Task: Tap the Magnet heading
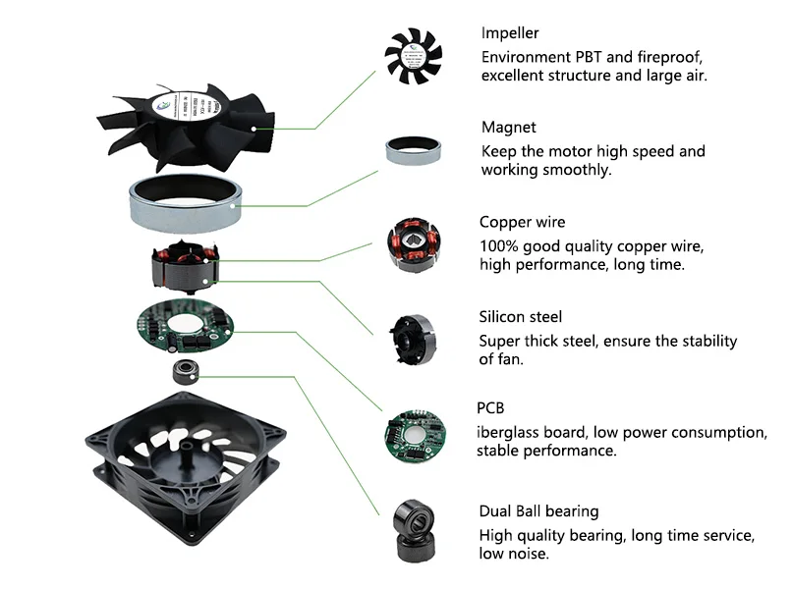(508, 128)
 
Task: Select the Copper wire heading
(522, 223)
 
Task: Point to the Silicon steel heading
(520, 317)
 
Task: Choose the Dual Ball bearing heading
(538, 511)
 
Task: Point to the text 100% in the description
(496, 245)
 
